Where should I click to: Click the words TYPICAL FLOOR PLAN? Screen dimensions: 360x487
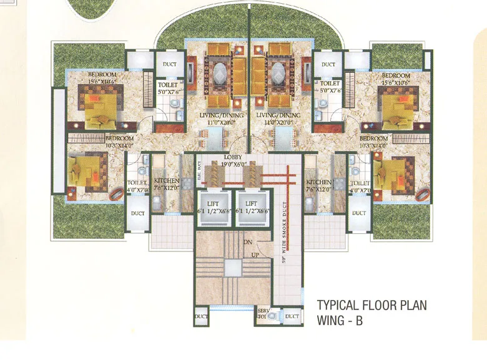click(x=372, y=306)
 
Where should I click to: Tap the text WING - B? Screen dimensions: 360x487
click(x=340, y=321)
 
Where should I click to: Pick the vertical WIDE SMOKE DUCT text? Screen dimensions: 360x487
click(x=283, y=225)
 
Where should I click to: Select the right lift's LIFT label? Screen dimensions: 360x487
click(x=252, y=203)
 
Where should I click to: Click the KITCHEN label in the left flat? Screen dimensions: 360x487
click(x=167, y=181)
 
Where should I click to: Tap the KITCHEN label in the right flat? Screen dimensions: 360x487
click(x=318, y=182)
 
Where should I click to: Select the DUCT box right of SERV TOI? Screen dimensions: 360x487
click(x=292, y=317)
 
